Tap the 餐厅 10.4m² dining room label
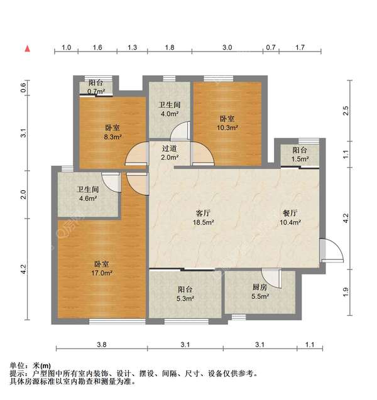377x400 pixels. pos(290,217)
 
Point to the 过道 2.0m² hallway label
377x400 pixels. pos(169,153)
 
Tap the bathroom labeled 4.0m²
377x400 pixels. pos(169,109)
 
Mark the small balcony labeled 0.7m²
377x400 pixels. pos(96,87)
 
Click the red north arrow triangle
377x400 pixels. pos(27,48)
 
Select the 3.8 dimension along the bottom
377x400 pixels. pos(102,345)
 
